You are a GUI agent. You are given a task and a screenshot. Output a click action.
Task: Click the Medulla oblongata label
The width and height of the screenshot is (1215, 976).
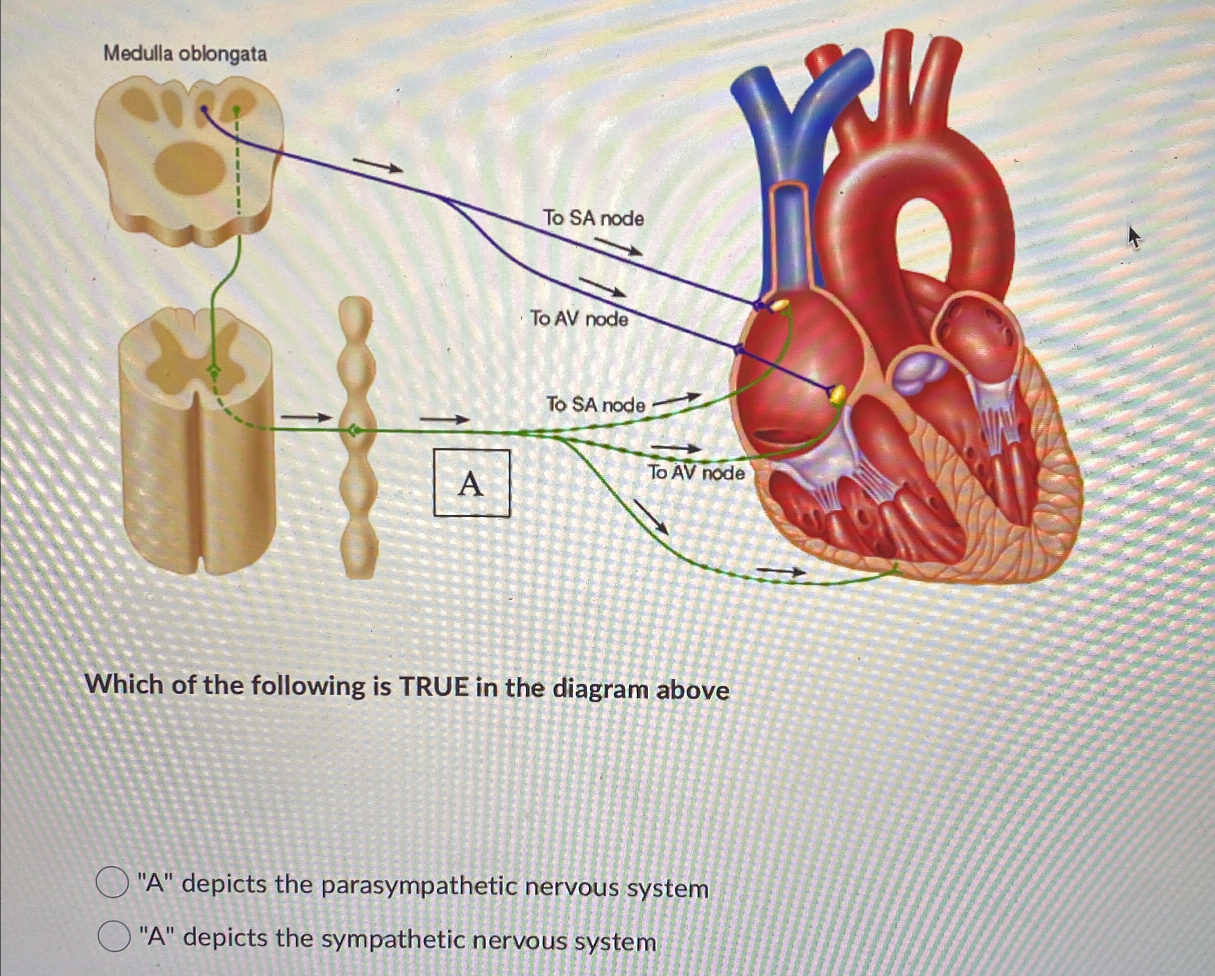point(186,55)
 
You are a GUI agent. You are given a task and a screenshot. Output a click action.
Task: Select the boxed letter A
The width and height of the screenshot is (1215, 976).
point(471,483)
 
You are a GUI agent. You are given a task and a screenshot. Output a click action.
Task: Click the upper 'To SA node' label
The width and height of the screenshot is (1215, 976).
point(593,218)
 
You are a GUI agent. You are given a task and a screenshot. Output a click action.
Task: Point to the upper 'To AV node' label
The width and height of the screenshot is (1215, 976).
point(579,319)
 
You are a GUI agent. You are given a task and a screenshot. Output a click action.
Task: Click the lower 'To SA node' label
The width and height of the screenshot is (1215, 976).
point(596,405)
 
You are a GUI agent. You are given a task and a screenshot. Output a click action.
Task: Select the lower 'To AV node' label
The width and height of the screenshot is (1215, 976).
point(695,472)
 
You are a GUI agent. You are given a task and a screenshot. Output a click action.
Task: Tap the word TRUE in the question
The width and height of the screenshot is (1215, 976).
point(433,687)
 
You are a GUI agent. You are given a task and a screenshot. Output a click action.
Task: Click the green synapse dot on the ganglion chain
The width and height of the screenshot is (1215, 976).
point(355,431)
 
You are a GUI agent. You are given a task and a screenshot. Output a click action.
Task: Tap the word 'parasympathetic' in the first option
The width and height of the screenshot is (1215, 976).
point(418,886)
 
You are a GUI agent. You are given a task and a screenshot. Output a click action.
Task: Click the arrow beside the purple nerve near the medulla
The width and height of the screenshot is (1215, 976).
point(378,165)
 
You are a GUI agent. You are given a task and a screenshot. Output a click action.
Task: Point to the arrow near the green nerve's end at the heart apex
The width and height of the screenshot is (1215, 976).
point(781,572)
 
